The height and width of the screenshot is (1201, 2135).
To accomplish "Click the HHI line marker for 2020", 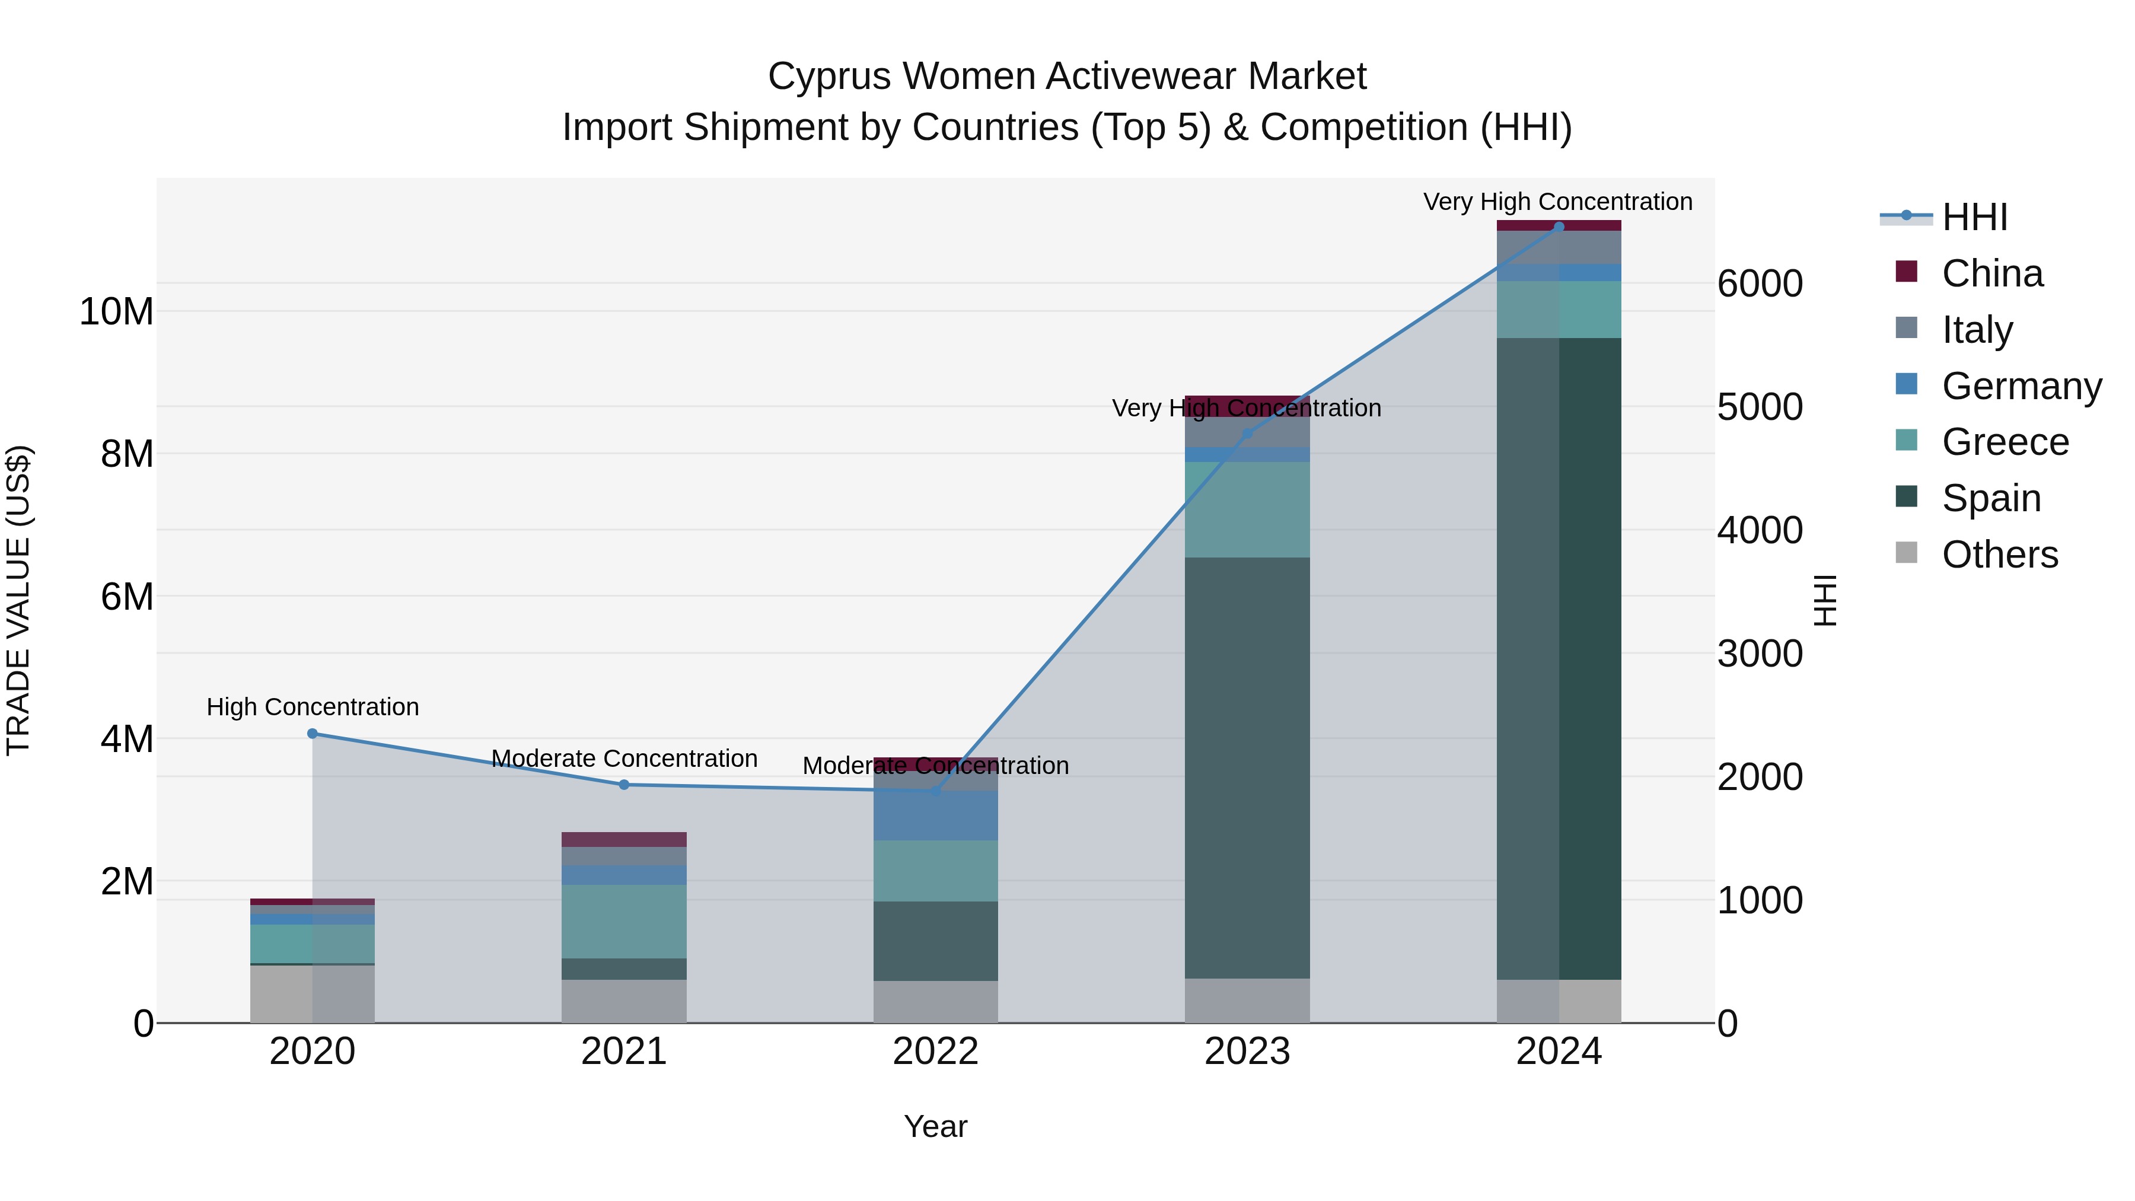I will (313, 734).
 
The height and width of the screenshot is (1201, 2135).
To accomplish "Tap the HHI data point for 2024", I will (1559, 227).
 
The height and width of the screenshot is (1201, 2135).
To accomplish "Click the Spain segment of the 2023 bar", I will (1247, 767).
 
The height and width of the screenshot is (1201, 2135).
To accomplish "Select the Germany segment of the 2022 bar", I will (936, 815).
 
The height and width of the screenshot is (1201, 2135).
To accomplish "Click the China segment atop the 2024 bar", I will (1559, 225).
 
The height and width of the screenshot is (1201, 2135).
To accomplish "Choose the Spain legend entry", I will (1991, 498).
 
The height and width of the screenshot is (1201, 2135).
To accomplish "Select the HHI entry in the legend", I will (1974, 217).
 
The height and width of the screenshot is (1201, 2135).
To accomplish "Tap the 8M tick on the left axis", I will (127, 454).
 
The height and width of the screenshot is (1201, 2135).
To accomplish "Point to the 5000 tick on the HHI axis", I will (1760, 407).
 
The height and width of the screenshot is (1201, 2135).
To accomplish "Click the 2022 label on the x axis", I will (936, 1052).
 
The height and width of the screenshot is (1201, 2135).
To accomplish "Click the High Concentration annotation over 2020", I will (313, 707).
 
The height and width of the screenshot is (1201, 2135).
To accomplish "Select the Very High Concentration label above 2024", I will (1557, 202).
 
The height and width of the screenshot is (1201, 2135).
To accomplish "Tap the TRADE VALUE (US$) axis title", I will (19, 600).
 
